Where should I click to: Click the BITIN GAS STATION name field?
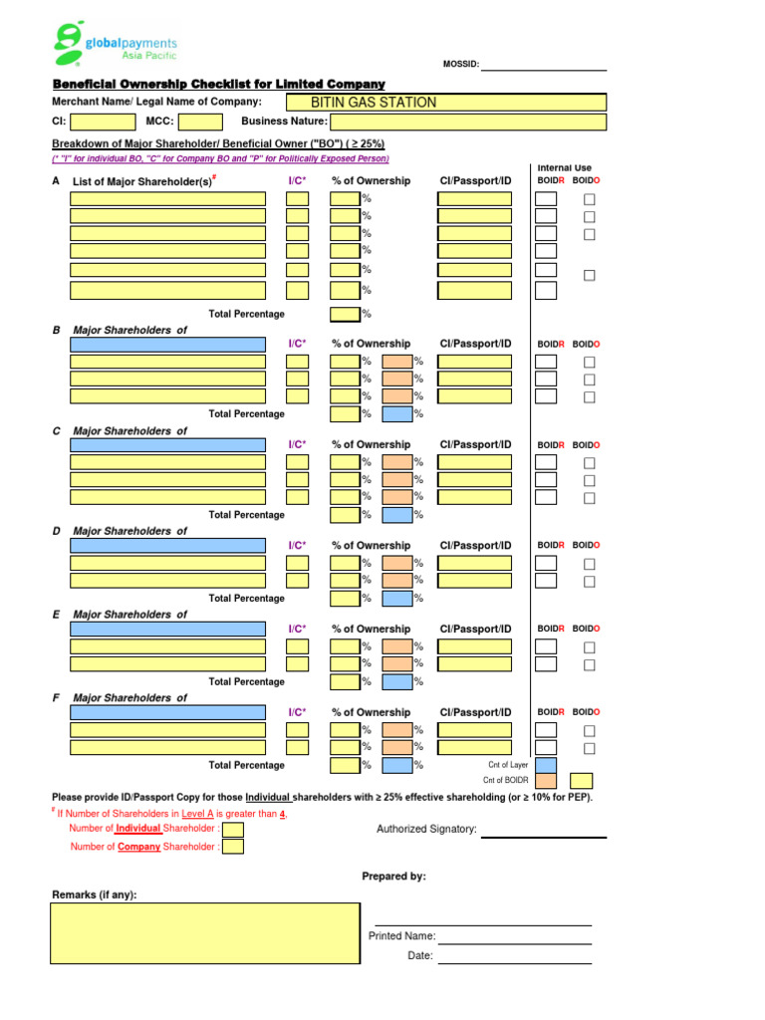pyautogui.click(x=445, y=102)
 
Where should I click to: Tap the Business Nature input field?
pyautogui.click(x=469, y=122)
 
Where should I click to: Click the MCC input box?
pyautogui.click(x=199, y=122)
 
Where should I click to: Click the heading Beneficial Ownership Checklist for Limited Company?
pyautogui.click(x=218, y=85)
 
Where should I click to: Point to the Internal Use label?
pyautogui.click(x=565, y=168)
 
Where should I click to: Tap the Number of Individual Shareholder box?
pyautogui.click(x=232, y=829)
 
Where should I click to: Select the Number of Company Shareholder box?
pyautogui.click(x=232, y=847)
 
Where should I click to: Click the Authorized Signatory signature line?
pyautogui.click(x=543, y=835)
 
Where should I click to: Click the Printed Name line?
pyautogui.click(x=514, y=941)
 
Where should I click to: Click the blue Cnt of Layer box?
pyautogui.click(x=546, y=765)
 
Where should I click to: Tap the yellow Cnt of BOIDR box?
pyautogui.click(x=581, y=781)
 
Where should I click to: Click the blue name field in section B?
pyautogui.click(x=167, y=344)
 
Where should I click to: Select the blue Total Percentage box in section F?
pyautogui.click(x=396, y=765)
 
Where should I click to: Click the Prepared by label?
pyautogui.click(x=393, y=877)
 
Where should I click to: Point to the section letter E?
pyautogui.click(x=56, y=615)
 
